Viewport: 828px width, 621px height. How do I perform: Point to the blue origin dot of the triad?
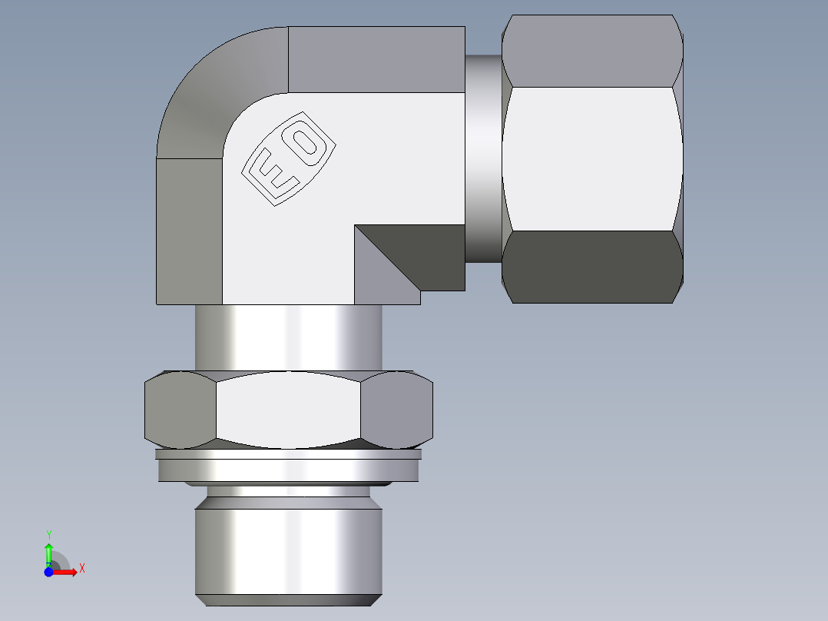click(48, 572)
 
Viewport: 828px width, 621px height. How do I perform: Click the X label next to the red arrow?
click(81, 569)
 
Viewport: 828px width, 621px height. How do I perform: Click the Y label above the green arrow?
click(48, 534)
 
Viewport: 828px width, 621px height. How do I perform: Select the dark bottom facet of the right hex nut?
click(591, 266)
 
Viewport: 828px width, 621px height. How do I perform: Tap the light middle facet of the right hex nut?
click(591, 158)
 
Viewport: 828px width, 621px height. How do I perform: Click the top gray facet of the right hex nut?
click(591, 51)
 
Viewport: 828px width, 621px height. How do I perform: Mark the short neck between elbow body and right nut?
click(483, 158)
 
